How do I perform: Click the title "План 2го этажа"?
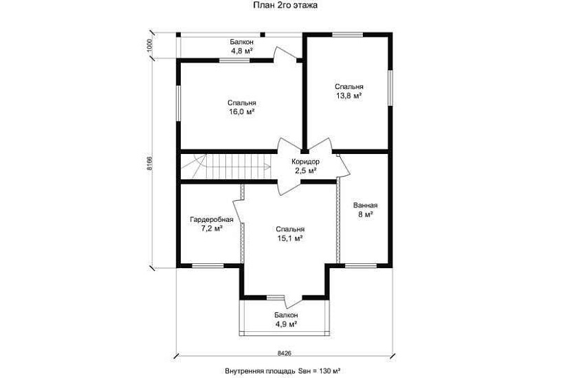(x=286, y=5)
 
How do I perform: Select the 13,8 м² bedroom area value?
(x=349, y=96)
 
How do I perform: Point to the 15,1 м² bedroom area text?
(x=289, y=238)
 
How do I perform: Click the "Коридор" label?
(x=306, y=162)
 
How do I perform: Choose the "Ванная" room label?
(x=365, y=205)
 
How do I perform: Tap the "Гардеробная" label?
(x=212, y=219)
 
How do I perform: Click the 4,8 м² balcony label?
(x=241, y=51)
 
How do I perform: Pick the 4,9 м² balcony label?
(x=286, y=324)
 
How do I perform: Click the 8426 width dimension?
(x=285, y=353)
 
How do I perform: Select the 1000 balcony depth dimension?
(x=151, y=46)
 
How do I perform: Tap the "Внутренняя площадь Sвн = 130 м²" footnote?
(x=282, y=370)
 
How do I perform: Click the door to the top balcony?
(x=286, y=55)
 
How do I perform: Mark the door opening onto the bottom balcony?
(x=293, y=301)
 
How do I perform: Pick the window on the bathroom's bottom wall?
(x=361, y=266)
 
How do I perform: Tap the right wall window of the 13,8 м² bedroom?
(x=390, y=88)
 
